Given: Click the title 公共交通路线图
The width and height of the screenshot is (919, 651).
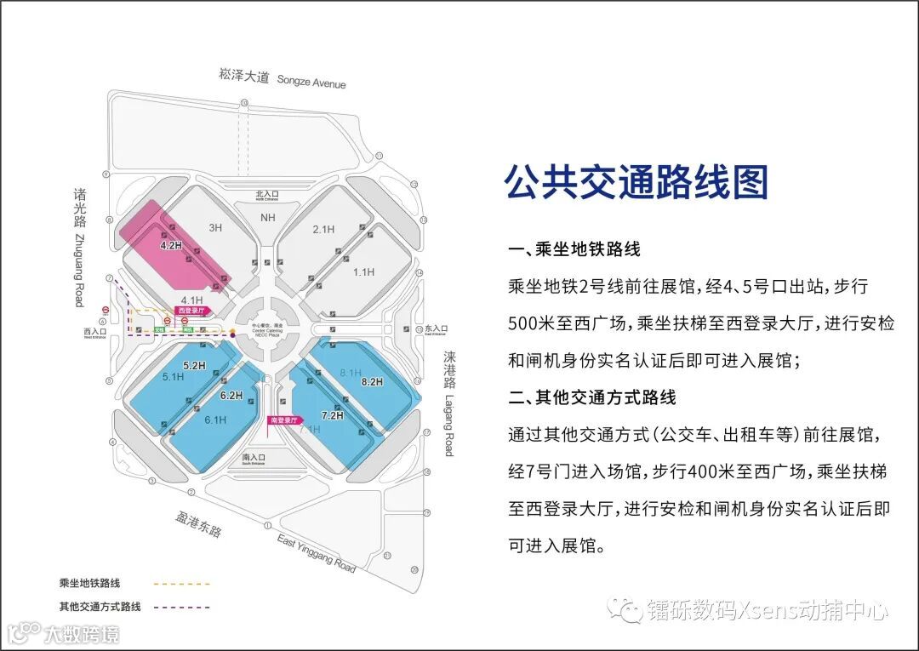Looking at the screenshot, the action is [x=636, y=182].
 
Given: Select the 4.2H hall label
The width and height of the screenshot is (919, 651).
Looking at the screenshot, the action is [x=171, y=245].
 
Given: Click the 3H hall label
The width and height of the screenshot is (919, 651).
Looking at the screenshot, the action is [x=215, y=228].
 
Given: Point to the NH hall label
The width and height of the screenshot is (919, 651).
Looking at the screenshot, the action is [x=268, y=218].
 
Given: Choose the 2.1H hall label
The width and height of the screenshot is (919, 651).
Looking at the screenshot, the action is [x=323, y=229].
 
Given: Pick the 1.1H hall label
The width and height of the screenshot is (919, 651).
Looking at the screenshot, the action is [x=363, y=271].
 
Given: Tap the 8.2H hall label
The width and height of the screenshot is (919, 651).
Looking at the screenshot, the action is [x=373, y=383].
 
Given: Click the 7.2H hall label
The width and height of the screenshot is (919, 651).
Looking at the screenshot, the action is [x=331, y=415].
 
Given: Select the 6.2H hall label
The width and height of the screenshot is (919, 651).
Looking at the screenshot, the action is [x=231, y=396].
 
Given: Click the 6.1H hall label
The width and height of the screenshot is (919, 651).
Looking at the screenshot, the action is [x=215, y=420].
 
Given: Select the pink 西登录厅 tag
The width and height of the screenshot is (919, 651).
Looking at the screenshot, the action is [x=190, y=311].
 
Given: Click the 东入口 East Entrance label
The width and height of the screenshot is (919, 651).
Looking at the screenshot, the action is [x=436, y=329].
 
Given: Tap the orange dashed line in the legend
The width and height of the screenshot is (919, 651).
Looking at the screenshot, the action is [x=181, y=584].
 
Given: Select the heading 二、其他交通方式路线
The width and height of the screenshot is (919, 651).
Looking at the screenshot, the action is [x=592, y=397].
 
